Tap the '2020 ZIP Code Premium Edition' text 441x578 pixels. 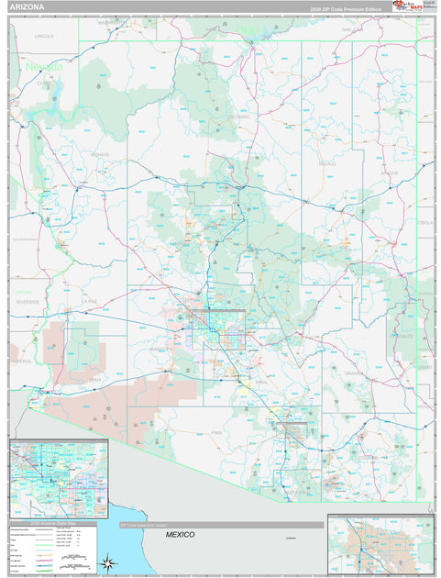pyautogui.click(x=345, y=7)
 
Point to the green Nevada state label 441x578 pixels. pyautogui.click(x=44, y=68)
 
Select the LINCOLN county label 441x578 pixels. pyautogui.click(x=44, y=35)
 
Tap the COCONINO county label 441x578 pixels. pyautogui.click(x=239, y=117)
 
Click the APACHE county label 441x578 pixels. pyautogui.click(x=390, y=172)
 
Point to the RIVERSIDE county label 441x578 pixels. pyautogui.click(x=27, y=300)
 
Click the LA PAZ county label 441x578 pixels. pyautogui.click(x=90, y=300)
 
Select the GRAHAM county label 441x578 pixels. pyautogui.click(x=354, y=374)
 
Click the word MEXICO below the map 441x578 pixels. pyautogui.click(x=182, y=533)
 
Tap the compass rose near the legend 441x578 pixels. pyautogui.click(x=107, y=561)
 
